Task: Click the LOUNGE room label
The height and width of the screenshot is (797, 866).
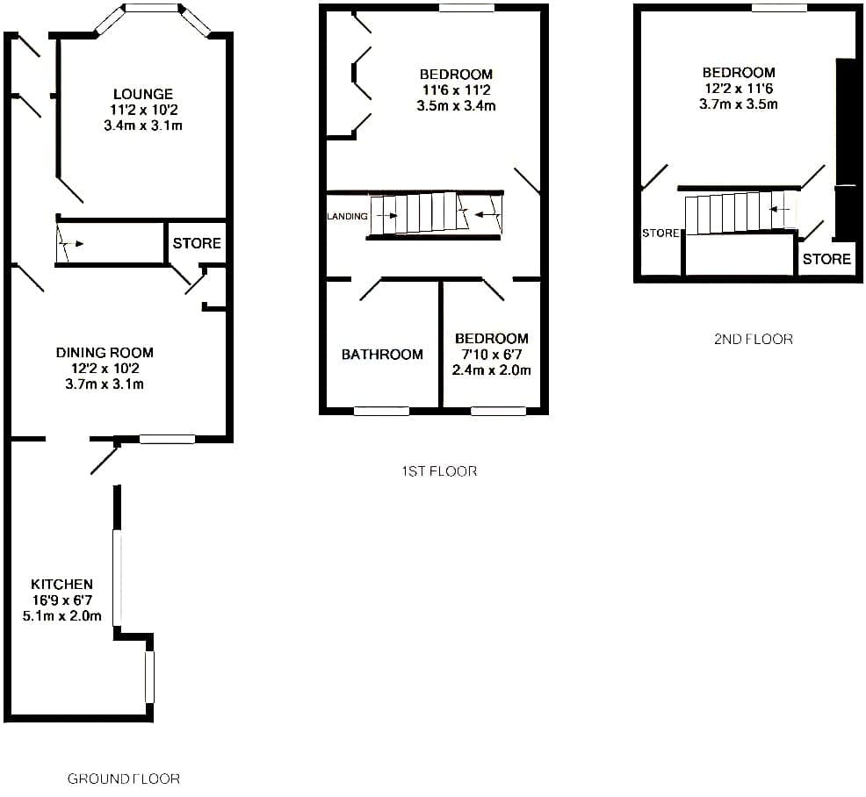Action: [143, 94]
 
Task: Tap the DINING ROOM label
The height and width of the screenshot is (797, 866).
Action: [105, 352]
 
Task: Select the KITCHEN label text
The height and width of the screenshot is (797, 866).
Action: [61, 584]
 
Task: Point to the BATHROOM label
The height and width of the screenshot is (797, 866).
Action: [382, 355]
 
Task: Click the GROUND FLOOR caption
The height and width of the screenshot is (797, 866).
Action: [124, 779]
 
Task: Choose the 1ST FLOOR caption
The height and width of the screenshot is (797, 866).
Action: [439, 470]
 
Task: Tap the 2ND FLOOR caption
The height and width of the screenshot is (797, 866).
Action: [754, 339]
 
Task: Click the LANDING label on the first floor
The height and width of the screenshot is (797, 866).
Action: [348, 216]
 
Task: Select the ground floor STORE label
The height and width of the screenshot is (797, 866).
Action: [197, 243]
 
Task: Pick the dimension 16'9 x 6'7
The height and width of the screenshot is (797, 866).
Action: [61, 600]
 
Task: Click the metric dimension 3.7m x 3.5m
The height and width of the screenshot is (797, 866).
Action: [739, 104]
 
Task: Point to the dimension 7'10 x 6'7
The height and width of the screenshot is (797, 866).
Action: [491, 355]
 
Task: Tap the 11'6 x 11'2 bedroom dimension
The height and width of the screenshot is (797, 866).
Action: [456, 90]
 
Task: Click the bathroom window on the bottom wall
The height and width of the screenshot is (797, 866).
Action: [382, 411]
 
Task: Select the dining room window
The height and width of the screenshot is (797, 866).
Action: [168, 439]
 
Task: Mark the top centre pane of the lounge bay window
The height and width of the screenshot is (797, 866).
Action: [153, 8]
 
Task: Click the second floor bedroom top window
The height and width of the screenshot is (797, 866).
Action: [779, 8]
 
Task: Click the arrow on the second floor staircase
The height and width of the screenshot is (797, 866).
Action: [779, 210]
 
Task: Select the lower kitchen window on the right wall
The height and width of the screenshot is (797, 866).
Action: [149, 678]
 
